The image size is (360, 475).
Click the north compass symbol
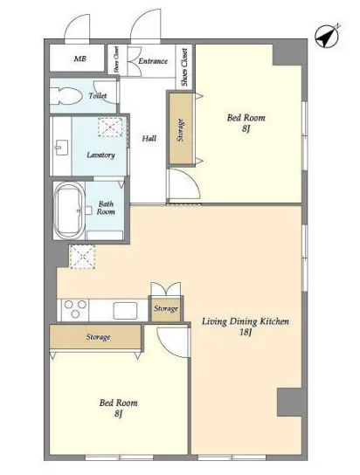pyautogui.click(x=327, y=36)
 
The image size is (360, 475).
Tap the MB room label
pyautogui.click(x=80, y=59)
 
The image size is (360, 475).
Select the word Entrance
pyautogui.click(x=153, y=61)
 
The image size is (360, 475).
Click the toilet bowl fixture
pyautogui.click(x=66, y=96)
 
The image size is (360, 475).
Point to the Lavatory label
pyautogui.click(x=100, y=155)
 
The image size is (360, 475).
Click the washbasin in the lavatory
pyautogui.click(x=61, y=148)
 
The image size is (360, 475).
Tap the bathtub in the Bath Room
pyautogui.click(x=68, y=210)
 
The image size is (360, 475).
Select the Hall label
pyautogui.click(x=149, y=139)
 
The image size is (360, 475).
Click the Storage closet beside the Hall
pyautogui.click(x=181, y=128)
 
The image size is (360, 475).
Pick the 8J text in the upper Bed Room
pyautogui.click(x=246, y=129)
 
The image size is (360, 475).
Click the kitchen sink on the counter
pyautogui.click(x=125, y=311)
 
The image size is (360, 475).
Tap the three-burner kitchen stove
pyautogui.click(x=75, y=309)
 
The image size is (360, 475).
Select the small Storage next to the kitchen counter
pyautogui.click(x=166, y=309)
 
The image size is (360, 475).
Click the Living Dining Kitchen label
pyautogui.click(x=246, y=321)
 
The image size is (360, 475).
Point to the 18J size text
pyautogui.click(x=246, y=333)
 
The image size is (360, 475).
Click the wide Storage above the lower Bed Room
pyautogui.click(x=96, y=337)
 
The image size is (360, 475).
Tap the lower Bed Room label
pyautogui.click(x=119, y=403)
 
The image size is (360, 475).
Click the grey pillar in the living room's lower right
pyautogui.click(x=289, y=402)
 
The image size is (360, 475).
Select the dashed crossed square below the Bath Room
pyautogui.click(x=82, y=257)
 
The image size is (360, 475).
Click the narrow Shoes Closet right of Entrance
pyautogui.click(x=184, y=67)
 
